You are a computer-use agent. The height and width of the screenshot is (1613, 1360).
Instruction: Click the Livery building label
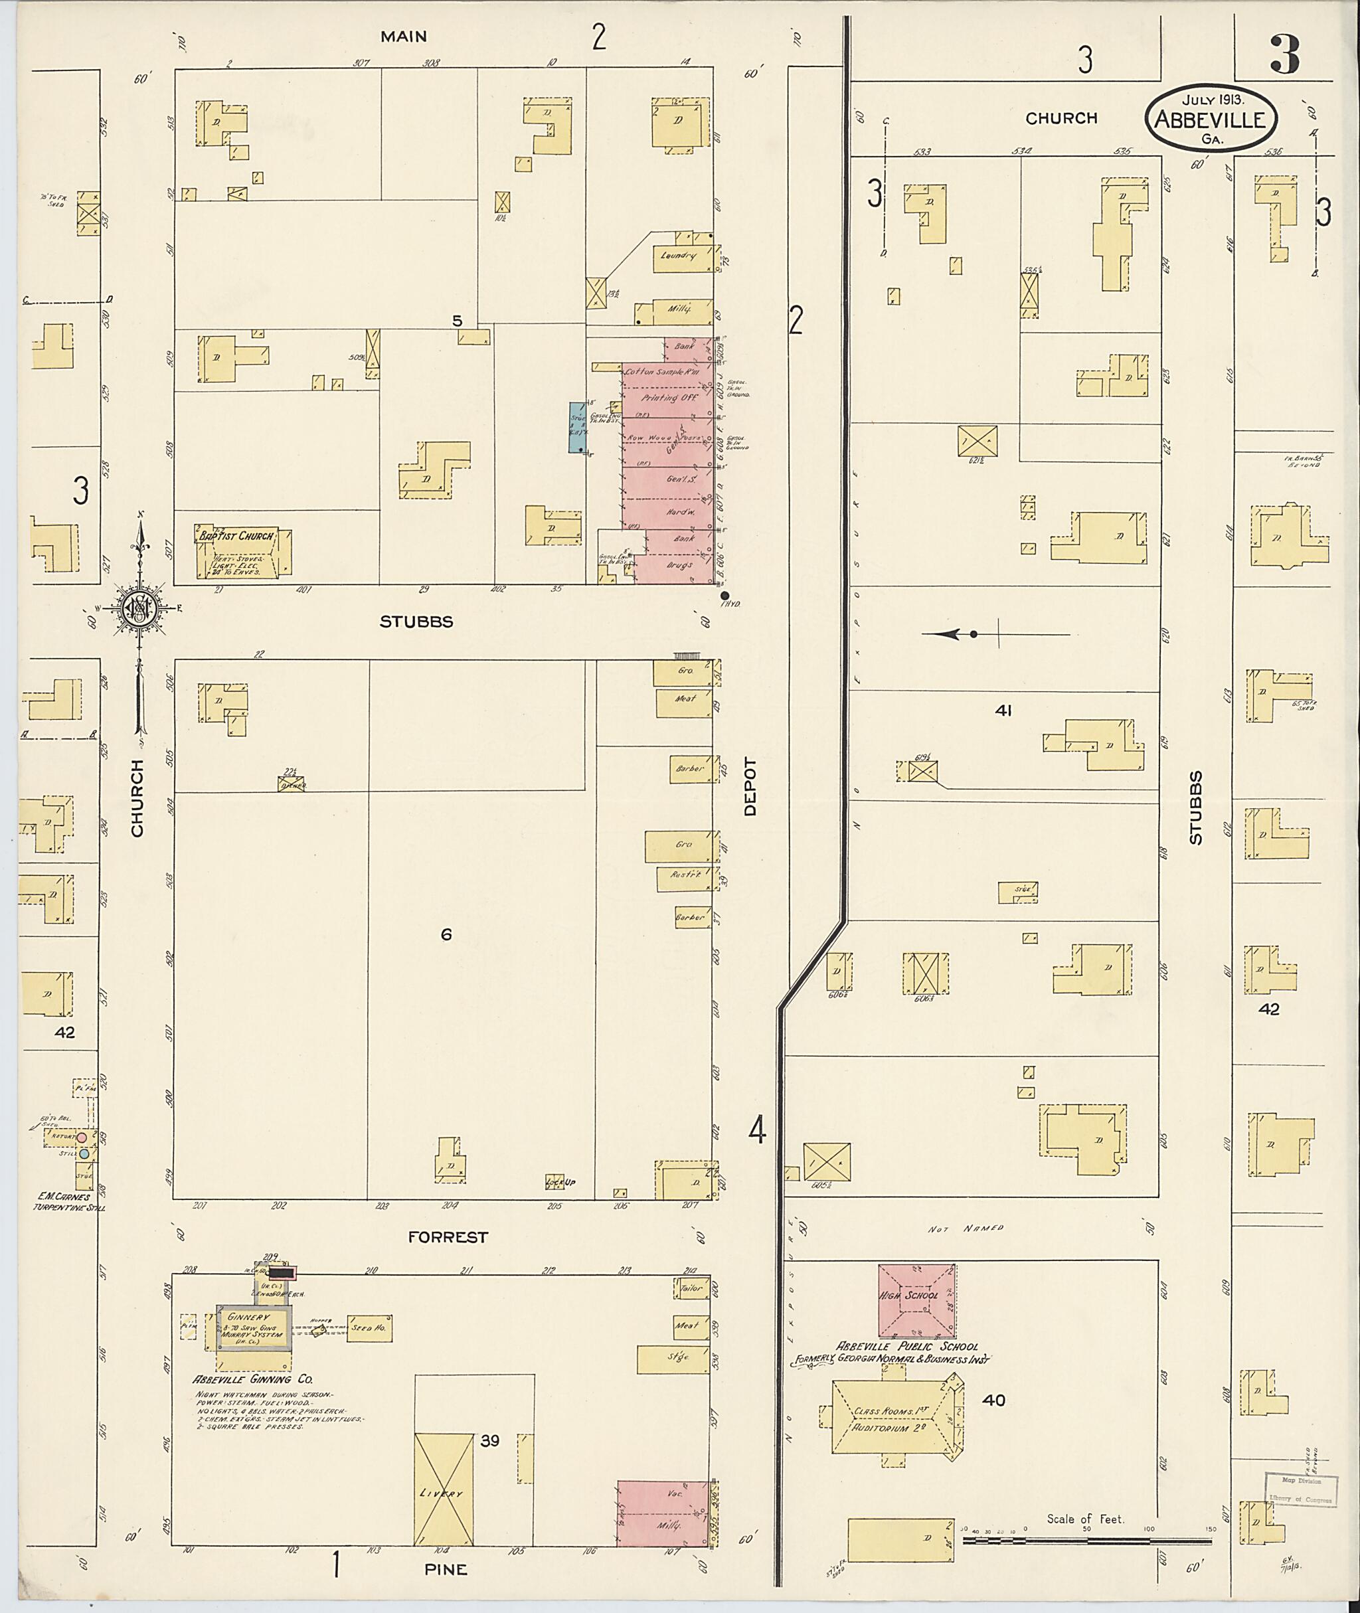[442, 1493]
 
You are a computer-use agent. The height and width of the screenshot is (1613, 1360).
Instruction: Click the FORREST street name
[448, 1236]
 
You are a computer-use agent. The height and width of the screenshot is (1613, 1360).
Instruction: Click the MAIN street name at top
[404, 37]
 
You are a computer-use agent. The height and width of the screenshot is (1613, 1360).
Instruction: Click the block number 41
[1003, 711]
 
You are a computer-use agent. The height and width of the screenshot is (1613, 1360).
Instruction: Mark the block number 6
[446, 935]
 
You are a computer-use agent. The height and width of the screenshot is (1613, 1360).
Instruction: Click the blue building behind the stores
[576, 427]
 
